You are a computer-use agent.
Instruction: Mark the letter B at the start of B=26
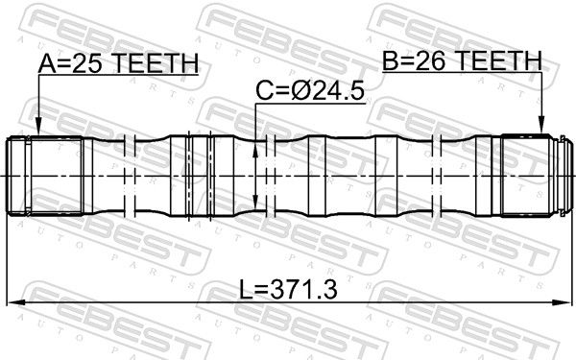pyautogui.click(x=392, y=61)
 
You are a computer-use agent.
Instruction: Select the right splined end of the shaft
pyautogui.click(x=528, y=176)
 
